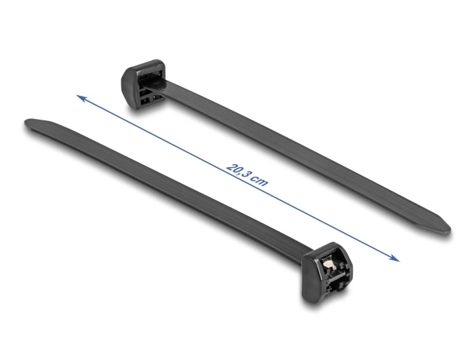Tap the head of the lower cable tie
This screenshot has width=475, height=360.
pos(331,272)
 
